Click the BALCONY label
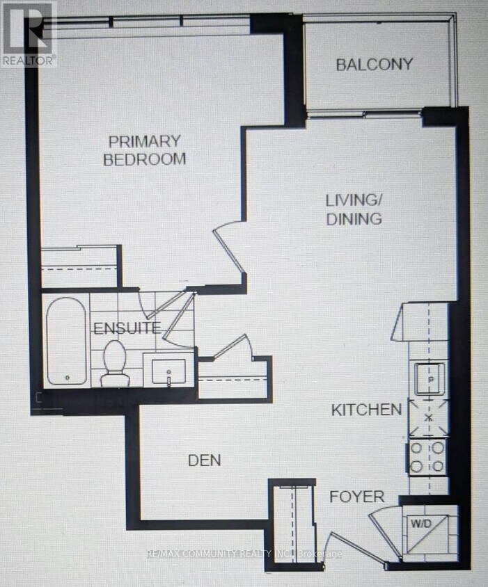click(x=375, y=65)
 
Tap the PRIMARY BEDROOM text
click(x=144, y=150)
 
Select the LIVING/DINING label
click(x=354, y=209)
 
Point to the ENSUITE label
click(x=127, y=328)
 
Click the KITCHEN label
click(x=366, y=409)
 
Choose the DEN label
click(x=205, y=460)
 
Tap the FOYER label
click(x=356, y=497)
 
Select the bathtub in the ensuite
click(x=67, y=340)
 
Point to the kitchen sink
click(x=429, y=378)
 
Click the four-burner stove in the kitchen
click(x=427, y=458)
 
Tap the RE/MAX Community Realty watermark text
click(x=244, y=554)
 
